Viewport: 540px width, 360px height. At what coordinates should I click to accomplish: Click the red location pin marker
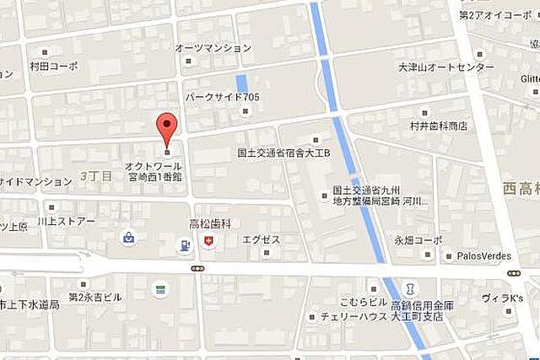tap(168, 129)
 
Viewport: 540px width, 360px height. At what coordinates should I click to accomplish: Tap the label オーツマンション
tap(213, 49)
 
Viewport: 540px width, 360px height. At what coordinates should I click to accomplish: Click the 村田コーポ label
tap(52, 66)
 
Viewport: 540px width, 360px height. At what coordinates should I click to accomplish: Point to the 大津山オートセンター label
tap(446, 67)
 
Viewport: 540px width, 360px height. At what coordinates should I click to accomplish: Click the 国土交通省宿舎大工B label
tap(282, 154)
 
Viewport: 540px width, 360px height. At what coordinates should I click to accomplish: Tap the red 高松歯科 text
tap(209, 225)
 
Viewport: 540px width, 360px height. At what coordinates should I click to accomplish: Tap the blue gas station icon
tap(183, 246)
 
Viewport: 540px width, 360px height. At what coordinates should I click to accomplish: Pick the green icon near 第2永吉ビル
tap(159, 289)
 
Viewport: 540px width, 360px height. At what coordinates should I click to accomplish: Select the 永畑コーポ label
tap(418, 239)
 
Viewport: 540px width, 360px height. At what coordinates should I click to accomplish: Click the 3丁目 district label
tap(94, 175)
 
